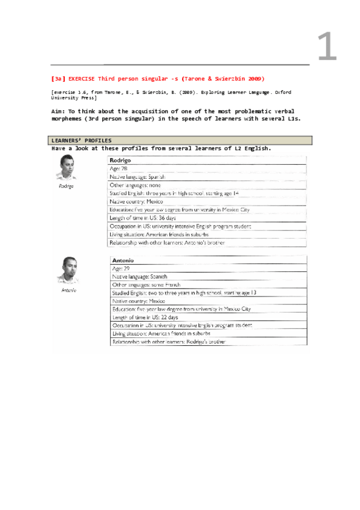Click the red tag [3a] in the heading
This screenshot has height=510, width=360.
59,79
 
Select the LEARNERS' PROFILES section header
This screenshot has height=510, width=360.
81,140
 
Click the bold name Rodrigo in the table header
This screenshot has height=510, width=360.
120,161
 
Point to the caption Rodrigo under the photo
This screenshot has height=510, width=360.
66,186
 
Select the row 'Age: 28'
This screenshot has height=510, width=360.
119,169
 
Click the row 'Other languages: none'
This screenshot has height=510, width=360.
135,185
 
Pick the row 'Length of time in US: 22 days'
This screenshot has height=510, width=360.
145,317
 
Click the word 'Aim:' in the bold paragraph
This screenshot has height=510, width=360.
59,111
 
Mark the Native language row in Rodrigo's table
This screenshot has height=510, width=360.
137,177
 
